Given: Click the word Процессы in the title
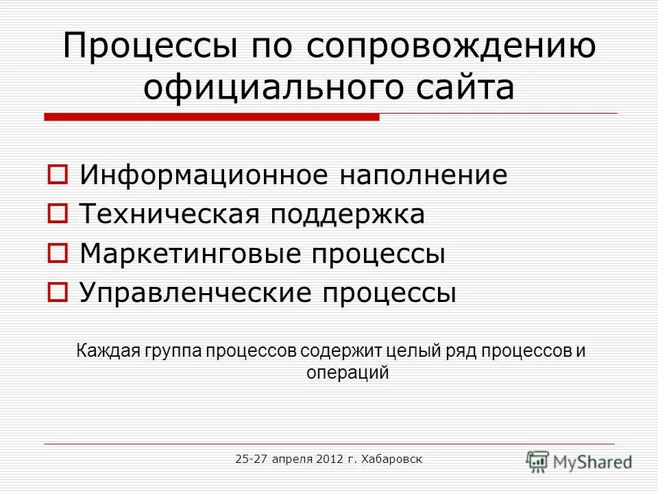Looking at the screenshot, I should click(x=140, y=48).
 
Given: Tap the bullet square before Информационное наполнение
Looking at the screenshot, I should click(x=57, y=175).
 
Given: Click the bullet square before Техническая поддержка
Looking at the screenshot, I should click(x=57, y=215).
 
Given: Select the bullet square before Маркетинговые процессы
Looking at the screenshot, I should click(x=57, y=255).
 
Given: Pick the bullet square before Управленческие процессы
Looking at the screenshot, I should click(x=57, y=294).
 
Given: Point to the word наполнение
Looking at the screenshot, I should click(x=424, y=175).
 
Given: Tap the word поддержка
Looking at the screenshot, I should click(x=350, y=215).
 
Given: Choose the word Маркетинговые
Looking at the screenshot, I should click(x=192, y=255).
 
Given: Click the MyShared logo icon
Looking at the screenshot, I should click(x=538, y=460).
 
